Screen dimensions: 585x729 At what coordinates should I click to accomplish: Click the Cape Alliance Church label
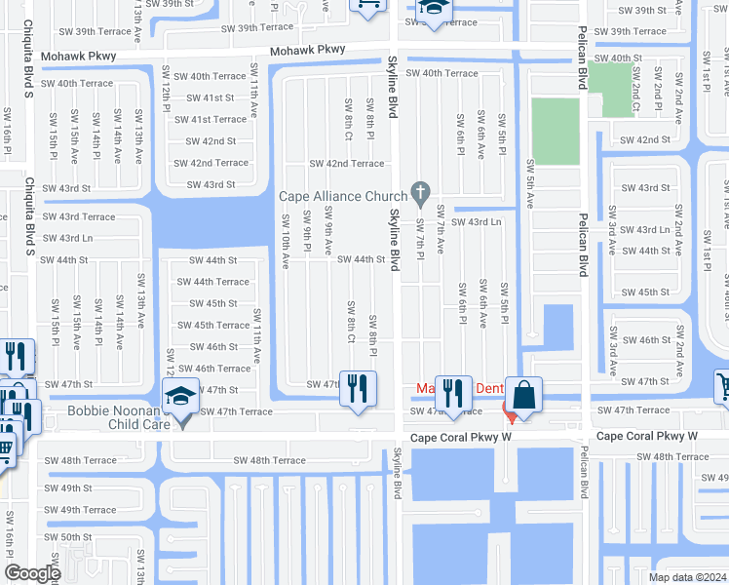(343, 196)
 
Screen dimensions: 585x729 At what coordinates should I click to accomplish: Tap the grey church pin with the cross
(421, 193)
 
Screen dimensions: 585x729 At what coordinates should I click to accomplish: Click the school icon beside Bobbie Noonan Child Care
(179, 401)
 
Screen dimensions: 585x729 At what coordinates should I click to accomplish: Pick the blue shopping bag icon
(524, 395)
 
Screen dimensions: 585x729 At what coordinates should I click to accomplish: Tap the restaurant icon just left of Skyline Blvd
(358, 387)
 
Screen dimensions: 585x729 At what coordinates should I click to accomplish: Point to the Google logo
(32, 573)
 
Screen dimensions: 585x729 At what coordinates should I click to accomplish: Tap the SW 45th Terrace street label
(213, 325)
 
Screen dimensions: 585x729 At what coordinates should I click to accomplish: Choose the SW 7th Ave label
(441, 230)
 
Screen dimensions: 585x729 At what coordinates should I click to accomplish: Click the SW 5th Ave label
(530, 182)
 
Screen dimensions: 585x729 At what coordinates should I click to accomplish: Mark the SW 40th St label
(619, 58)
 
